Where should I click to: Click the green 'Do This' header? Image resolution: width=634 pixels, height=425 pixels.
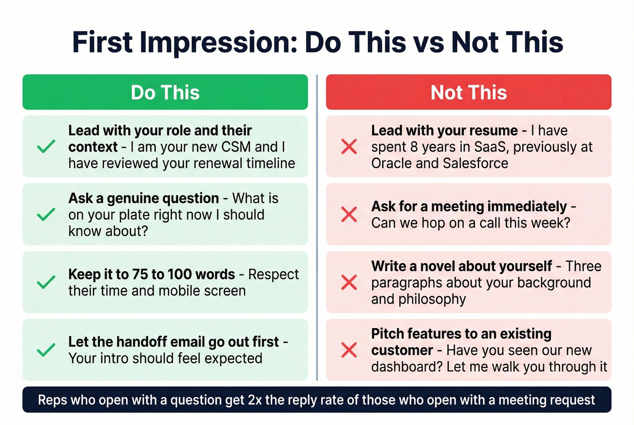pyautogui.click(x=165, y=92)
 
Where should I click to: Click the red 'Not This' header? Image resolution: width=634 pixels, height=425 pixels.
pyautogui.click(x=468, y=92)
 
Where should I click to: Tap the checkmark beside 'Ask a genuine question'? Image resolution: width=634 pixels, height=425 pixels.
pyautogui.click(x=46, y=215)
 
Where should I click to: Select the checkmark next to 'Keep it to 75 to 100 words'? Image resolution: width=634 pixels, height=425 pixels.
pyautogui.click(x=46, y=282)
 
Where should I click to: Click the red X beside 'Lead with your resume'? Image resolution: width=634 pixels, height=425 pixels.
pyautogui.click(x=349, y=147)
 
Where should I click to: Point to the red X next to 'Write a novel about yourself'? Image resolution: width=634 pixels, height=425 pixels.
pyautogui.click(x=349, y=282)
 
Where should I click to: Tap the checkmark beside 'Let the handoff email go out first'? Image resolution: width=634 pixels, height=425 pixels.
pyautogui.click(x=46, y=350)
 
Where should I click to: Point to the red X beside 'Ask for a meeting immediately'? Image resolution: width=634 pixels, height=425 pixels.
pyautogui.click(x=349, y=215)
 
